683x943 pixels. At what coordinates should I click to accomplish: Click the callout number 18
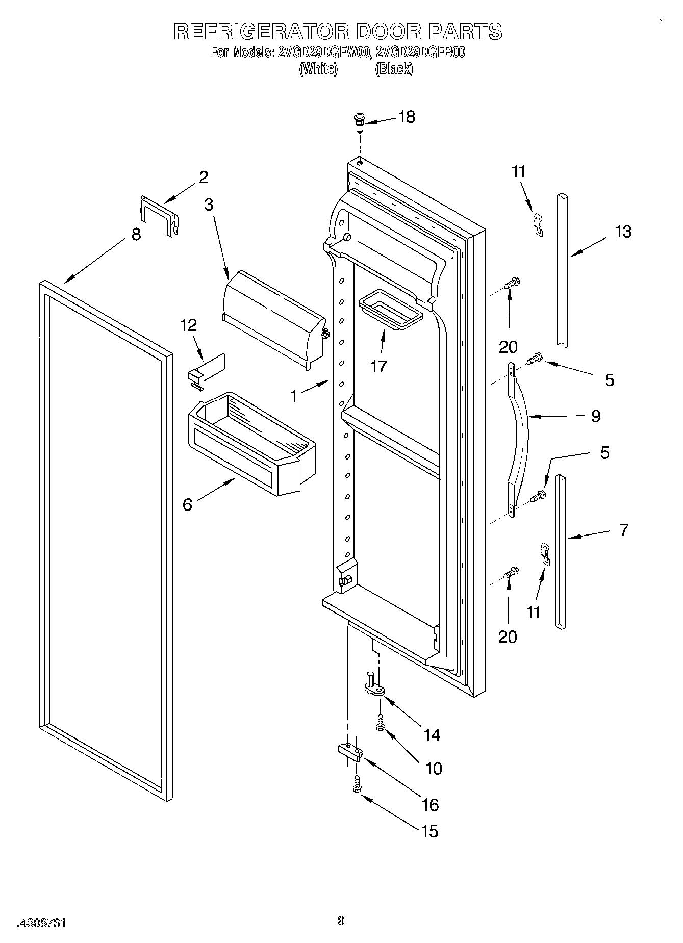407,117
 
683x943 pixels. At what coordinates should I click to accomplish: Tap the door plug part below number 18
359,122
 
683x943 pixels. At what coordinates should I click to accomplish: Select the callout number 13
623,231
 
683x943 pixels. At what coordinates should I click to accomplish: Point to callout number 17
378,366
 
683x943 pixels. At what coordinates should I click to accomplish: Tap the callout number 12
189,325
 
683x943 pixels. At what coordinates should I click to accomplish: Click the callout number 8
136,235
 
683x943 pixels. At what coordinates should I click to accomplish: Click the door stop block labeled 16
350,752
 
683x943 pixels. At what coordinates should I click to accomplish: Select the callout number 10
434,768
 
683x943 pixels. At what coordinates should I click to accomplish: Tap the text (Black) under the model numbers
393,69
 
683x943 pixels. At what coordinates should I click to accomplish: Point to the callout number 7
624,529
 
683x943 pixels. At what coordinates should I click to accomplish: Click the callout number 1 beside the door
294,396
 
